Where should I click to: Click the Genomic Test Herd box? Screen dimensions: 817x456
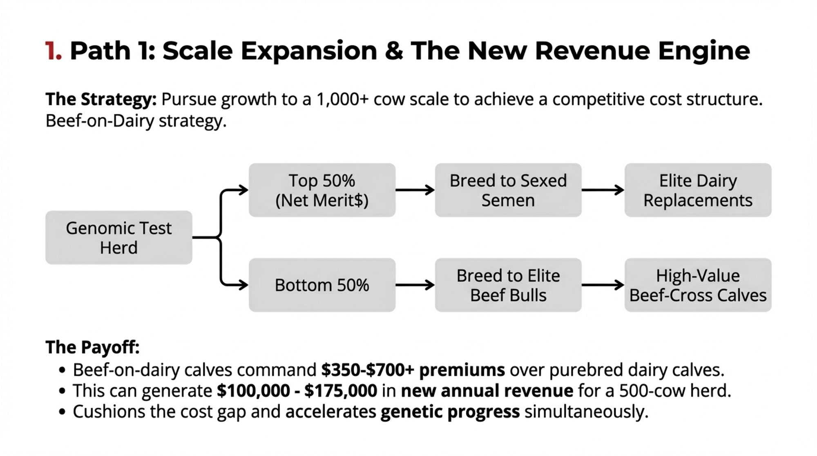point(118,237)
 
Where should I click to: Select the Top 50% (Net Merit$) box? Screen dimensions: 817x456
point(322,190)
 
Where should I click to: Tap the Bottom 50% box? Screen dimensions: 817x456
point(322,285)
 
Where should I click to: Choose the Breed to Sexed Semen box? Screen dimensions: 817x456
point(508,190)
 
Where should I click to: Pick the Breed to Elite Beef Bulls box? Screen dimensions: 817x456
point(508,285)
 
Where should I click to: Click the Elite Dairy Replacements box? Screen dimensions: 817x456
point(698,190)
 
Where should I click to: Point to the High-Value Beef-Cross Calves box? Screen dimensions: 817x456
point(698,285)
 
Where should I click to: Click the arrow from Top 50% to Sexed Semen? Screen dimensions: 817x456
point(415,190)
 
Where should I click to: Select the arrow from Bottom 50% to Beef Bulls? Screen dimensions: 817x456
point(415,285)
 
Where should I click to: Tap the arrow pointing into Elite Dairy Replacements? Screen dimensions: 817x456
point(603,190)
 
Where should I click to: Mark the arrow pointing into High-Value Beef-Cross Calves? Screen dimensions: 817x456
point(603,285)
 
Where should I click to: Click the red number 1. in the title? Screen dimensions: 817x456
point(54,51)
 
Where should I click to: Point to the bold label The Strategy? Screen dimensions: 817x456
point(101,100)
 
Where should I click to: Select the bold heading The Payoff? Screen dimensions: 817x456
point(93,347)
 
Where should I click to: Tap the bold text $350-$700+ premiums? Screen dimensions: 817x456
point(413,370)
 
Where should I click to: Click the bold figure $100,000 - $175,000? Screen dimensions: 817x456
point(297,391)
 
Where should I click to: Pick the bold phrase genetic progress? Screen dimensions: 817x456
point(450,412)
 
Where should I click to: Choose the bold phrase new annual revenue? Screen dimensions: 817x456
point(487,391)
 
